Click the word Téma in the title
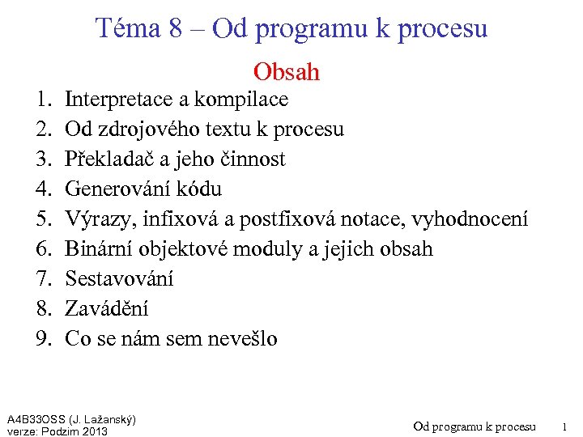pos(129,28)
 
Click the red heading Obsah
pos(287,72)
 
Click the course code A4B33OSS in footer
pos(33,419)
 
